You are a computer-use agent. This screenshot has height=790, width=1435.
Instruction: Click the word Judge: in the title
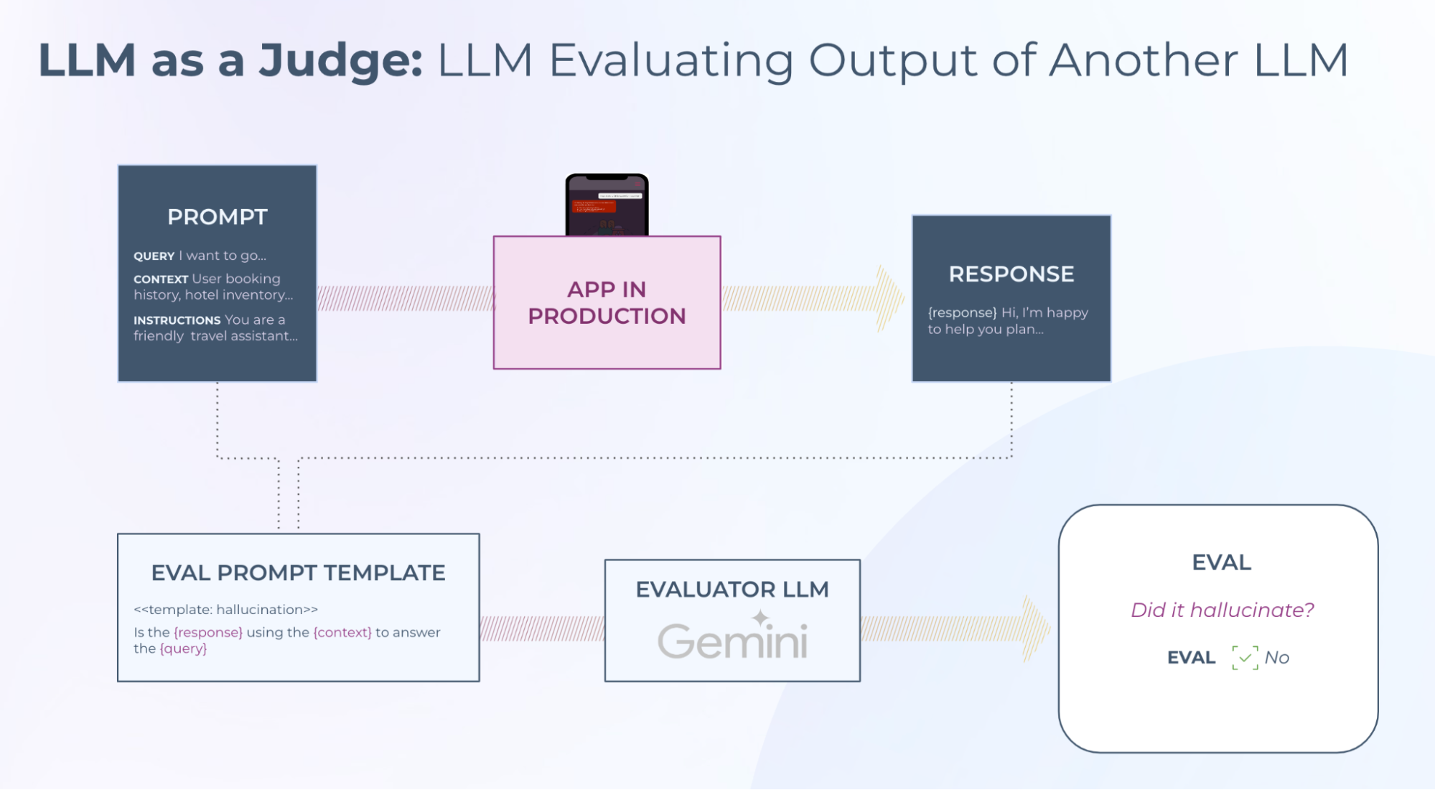pos(340,62)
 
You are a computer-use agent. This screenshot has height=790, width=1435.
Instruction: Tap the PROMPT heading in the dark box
pos(218,217)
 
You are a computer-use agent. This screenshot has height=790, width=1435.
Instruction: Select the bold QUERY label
pos(154,256)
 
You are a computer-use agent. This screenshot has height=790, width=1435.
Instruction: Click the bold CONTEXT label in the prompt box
pos(160,279)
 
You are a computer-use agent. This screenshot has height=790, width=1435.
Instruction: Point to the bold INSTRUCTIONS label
pos(177,320)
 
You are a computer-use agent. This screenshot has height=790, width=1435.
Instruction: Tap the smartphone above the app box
pos(607,205)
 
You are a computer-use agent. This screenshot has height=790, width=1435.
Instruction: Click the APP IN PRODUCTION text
pos(607,302)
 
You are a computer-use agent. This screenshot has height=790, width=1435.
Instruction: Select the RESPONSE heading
pos(1011,274)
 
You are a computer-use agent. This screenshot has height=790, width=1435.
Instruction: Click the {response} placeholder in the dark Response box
pos(962,313)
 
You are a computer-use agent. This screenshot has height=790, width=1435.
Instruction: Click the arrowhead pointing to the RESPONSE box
pos(890,299)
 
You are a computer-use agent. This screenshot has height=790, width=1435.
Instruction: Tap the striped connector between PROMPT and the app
pos(405,298)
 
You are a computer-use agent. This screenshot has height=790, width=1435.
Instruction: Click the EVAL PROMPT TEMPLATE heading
pos(298,573)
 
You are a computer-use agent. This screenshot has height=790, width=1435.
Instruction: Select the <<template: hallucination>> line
pos(225,610)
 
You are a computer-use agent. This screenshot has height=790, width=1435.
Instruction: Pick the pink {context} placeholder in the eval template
pos(342,633)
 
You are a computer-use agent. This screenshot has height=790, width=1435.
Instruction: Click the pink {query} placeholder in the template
pos(183,649)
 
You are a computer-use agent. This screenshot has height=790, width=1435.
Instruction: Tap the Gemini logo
pos(732,638)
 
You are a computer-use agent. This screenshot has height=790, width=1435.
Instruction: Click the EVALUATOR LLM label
pos(732,590)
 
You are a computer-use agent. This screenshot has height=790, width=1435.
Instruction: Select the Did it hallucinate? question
pos(1222,610)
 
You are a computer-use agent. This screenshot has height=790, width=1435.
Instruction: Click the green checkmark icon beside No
pos(1245,658)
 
